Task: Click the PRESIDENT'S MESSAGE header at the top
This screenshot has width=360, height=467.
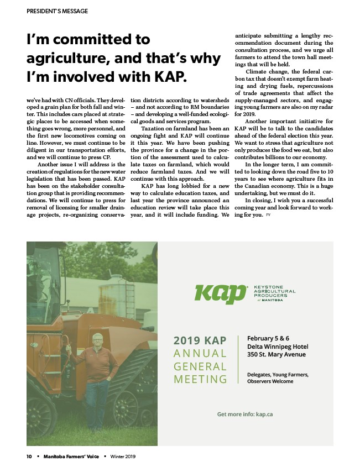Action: coord(57,11)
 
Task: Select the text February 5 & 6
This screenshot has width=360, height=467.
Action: coord(268,338)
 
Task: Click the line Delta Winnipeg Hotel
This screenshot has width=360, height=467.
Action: coord(278,347)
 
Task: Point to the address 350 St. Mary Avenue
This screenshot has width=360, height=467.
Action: coord(276,355)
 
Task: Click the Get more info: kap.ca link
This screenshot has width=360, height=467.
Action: coord(245,414)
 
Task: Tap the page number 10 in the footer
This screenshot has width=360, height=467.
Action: coord(29,456)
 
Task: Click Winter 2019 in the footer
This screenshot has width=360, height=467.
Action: coord(123,456)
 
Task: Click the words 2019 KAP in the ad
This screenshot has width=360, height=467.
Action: coord(200,340)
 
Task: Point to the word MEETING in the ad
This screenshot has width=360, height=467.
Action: coord(200,379)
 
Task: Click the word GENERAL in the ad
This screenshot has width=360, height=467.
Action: coord(200,366)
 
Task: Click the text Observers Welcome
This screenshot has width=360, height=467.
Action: coord(270,381)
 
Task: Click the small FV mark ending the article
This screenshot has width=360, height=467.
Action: coord(268,215)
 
